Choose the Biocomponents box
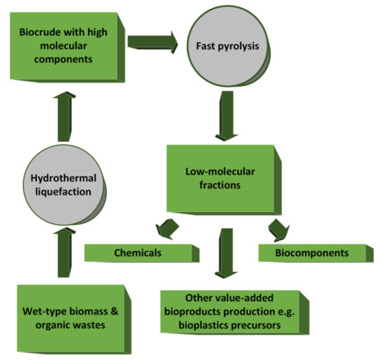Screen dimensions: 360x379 [x=308, y=253]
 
